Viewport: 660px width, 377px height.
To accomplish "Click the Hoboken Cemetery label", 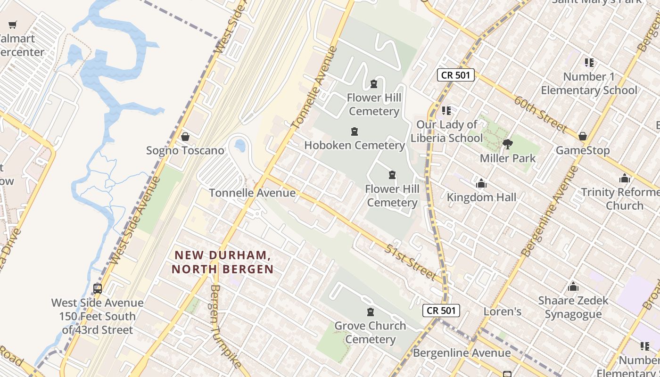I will point(355,145).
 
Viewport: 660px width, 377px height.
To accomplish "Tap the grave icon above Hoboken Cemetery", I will point(355,131).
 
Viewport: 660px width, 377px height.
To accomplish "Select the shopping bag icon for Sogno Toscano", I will point(185,137).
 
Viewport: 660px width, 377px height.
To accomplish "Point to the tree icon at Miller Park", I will point(508,144).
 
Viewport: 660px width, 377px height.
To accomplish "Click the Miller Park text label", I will point(508,158).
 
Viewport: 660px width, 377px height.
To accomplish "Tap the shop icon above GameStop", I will point(583,137).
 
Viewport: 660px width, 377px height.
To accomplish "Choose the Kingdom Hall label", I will point(481,197).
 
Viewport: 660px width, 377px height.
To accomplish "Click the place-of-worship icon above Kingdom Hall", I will point(481,183).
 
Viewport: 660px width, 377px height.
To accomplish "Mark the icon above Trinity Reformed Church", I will point(625,179).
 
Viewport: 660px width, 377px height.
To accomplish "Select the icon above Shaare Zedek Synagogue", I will point(573,287).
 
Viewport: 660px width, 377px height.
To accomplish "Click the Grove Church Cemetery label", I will point(370,332).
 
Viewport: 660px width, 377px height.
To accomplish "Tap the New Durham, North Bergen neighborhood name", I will point(223,262).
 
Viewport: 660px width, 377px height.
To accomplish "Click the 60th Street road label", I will point(540,114).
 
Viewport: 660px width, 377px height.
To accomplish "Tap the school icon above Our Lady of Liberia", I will point(446,111).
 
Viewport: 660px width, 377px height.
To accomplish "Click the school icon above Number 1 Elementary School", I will point(589,63).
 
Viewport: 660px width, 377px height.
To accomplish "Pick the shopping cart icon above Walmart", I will point(13,25).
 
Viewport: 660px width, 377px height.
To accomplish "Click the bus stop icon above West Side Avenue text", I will point(98,289).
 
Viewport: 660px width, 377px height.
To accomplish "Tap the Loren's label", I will point(503,311).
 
